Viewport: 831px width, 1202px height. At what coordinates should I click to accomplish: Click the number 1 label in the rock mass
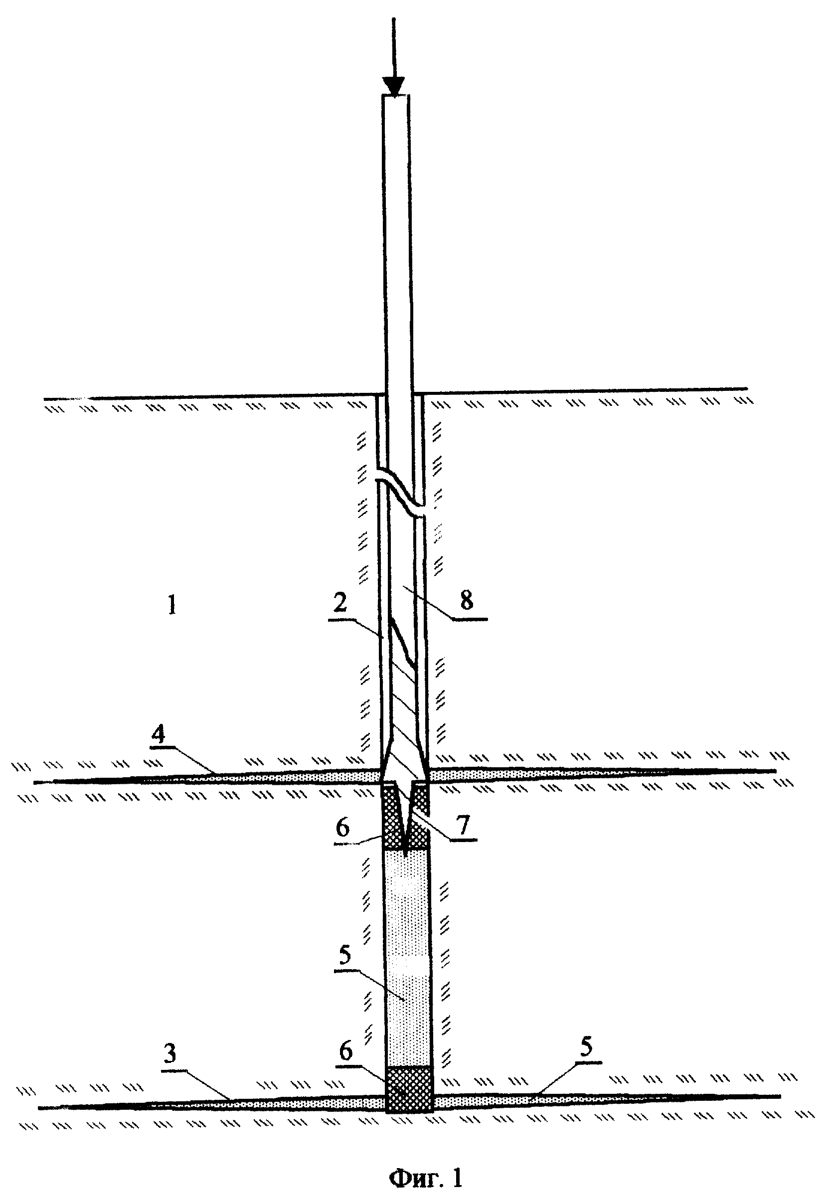[172, 605]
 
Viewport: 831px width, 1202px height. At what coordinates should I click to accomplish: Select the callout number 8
[467, 600]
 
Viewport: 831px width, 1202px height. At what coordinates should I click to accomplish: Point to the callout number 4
[158, 734]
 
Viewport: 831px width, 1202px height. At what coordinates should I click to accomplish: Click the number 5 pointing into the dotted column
[345, 956]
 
